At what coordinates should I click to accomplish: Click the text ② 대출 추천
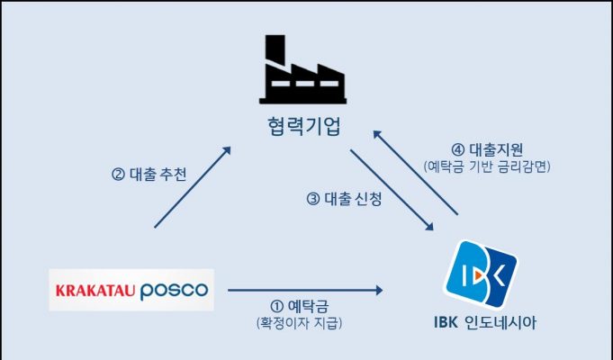click(x=149, y=175)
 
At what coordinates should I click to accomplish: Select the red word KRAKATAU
click(x=95, y=291)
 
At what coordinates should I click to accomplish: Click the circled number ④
click(x=457, y=149)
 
